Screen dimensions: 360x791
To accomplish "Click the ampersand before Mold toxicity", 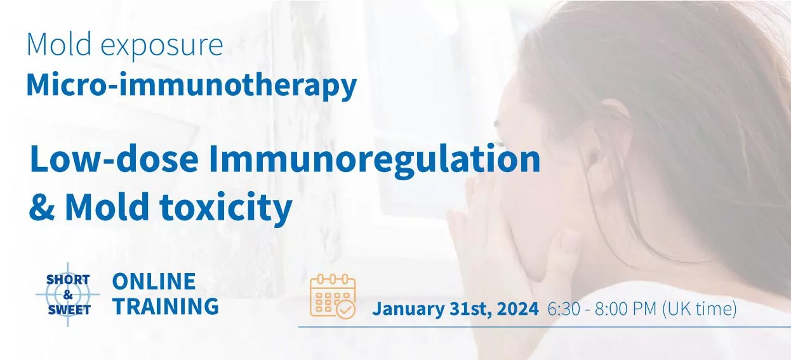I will pyautogui.click(x=41, y=207).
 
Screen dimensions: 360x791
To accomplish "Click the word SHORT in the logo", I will pyautogui.click(x=68, y=280).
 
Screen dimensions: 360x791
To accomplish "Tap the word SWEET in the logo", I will pyautogui.click(x=69, y=310).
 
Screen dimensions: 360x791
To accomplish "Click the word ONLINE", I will pyautogui.click(x=154, y=281).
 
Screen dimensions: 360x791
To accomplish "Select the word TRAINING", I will pyautogui.click(x=166, y=306).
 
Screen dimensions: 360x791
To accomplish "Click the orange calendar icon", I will pyautogui.click(x=332, y=295).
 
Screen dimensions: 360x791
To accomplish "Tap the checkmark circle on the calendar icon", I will pyautogui.click(x=346, y=309).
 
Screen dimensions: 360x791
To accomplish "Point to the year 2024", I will pyautogui.click(x=517, y=309).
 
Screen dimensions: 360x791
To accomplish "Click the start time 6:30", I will pyautogui.click(x=562, y=309).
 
